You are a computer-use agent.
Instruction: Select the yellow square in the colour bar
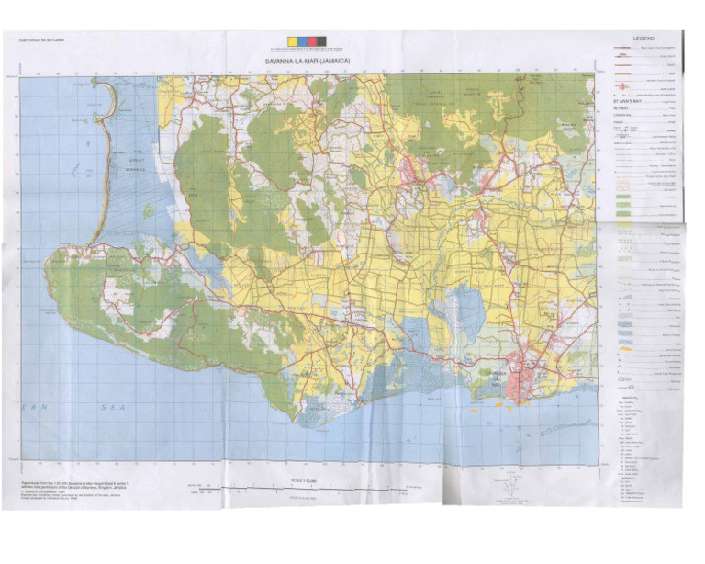click(x=293, y=41)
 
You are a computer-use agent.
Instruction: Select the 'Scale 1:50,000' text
click(x=304, y=479)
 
